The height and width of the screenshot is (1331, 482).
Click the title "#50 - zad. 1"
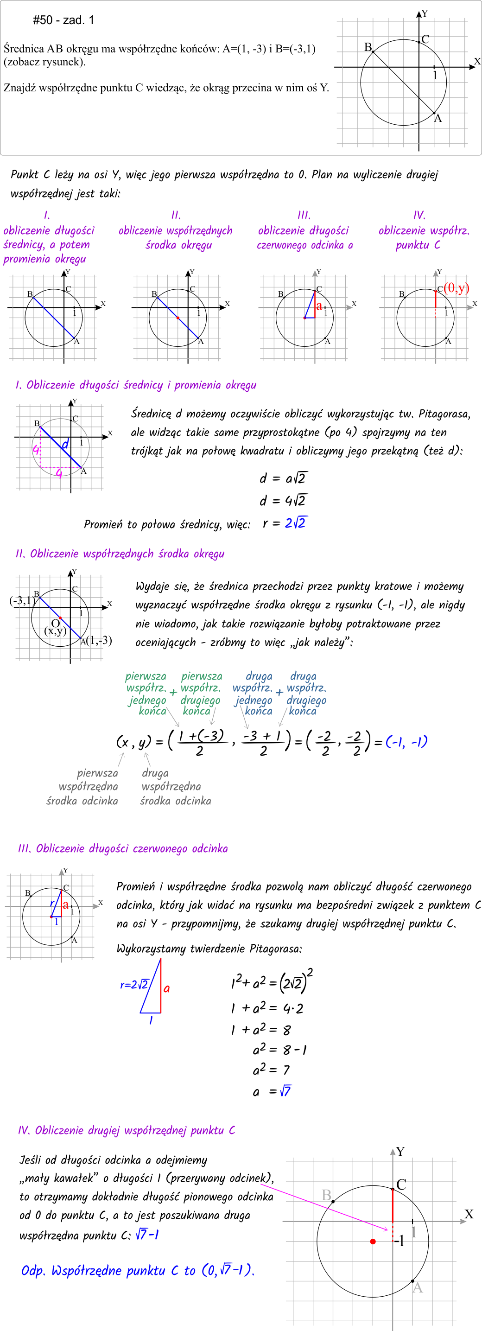[x=63, y=20]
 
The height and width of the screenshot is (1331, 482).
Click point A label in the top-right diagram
[x=438, y=119]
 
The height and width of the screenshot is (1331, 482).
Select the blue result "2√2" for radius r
[x=296, y=523]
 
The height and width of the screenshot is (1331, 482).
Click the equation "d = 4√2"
[x=283, y=500]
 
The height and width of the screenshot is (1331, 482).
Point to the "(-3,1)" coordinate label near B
[x=22, y=600]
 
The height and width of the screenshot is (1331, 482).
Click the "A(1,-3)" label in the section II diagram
[x=96, y=641]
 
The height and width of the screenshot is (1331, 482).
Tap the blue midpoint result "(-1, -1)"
[x=406, y=742]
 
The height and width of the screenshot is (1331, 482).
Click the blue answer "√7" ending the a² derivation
[x=285, y=1091]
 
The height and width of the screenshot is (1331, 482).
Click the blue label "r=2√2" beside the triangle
[x=134, y=984]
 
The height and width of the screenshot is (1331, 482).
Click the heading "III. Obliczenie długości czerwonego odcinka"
[x=122, y=848]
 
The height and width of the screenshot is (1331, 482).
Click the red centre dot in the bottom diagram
[x=373, y=1241]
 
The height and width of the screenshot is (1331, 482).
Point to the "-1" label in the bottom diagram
[x=399, y=1241]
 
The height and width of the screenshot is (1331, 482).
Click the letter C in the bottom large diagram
[x=401, y=1184]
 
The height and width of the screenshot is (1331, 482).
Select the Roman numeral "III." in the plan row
[x=304, y=216]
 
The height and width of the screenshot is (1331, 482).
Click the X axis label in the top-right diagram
[x=477, y=62]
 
